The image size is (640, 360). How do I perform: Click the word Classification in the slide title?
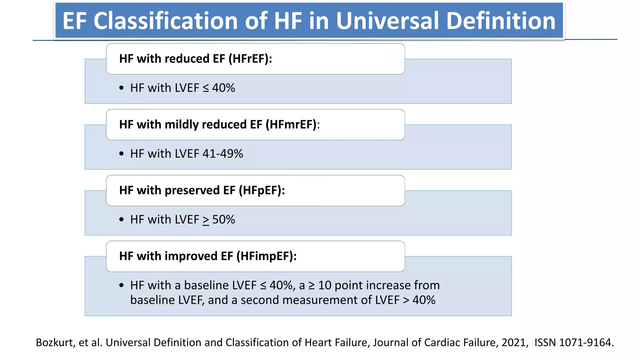click(x=166, y=21)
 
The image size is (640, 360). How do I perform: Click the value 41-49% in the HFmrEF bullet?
click(x=222, y=154)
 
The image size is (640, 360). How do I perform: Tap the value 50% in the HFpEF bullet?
click(x=223, y=220)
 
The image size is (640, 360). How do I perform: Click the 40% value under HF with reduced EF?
click(x=223, y=88)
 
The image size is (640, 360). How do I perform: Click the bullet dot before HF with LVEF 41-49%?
click(x=122, y=154)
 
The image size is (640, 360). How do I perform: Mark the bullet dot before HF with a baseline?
click(x=122, y=285)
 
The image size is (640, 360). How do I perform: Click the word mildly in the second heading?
click(x=181, y=125)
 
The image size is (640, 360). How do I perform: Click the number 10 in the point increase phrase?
click(x=324, y=285)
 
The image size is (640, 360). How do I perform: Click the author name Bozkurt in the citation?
click(x=54, y=342)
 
